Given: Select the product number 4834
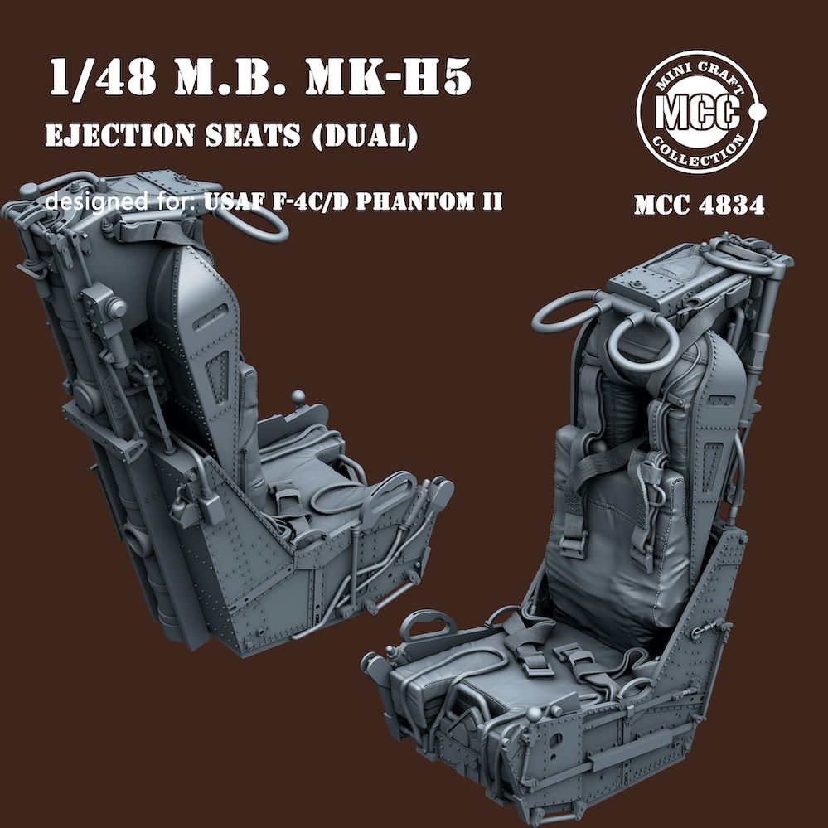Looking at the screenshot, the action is (x=729, y=205).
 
